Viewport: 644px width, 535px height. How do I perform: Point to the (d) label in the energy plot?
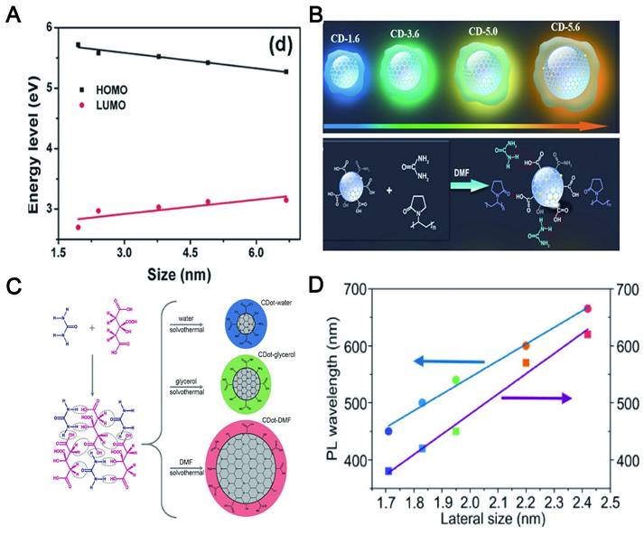[x=275, y=42]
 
